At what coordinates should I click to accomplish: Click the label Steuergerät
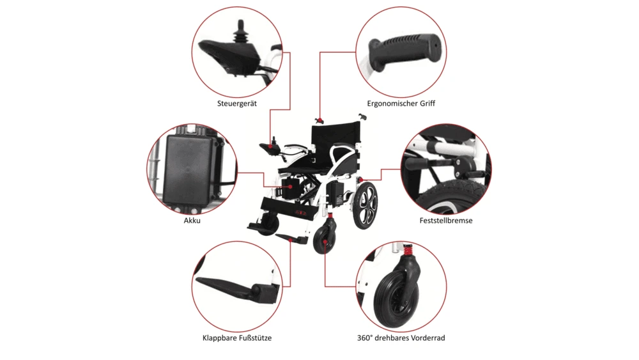[x=237, y=104]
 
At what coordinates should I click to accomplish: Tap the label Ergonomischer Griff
[x=401, y=104]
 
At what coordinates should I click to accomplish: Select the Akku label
[x=192, y=221]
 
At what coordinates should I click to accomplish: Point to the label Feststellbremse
[x=446, y=221]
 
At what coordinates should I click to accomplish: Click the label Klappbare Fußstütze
[x=237, y=338]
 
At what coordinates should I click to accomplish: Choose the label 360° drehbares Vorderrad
[x=401, y=338]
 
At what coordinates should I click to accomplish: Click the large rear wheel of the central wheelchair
[x=366, y=205]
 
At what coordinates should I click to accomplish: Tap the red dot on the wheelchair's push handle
[x=321, y=121]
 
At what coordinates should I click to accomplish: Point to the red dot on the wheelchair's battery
[x=291, y=187]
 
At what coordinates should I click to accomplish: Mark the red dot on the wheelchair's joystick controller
[x=270, y=146]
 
